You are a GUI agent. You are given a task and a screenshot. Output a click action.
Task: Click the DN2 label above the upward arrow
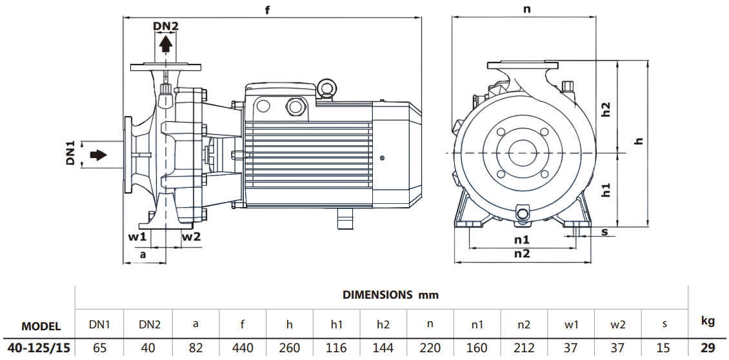point(166,26)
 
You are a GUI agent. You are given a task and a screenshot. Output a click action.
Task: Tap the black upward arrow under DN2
point(166,44)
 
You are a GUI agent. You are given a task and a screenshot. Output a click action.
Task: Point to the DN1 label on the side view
point(71,154)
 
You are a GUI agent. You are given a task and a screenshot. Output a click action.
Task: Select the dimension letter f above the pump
point(266,10)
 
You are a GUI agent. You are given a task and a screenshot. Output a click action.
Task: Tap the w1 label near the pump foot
point(137,237)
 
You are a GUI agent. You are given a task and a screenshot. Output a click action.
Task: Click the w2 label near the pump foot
point(191,237)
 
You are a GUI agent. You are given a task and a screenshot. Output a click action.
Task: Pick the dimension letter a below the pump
point(143,255)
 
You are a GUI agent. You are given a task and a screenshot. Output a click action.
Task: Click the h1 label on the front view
point(606,189)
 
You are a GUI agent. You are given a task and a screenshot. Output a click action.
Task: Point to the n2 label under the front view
point(522,254)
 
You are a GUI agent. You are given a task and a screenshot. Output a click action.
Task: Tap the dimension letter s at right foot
point(604,231)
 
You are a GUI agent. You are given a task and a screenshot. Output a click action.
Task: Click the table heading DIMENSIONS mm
point(390,295)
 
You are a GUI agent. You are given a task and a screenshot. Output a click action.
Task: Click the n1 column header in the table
point(477,325)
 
